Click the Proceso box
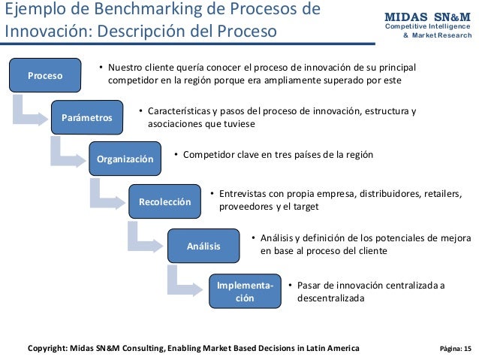pyautogui.click(x=45, y=75)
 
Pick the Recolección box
pyautogui.click(x=164, y=201)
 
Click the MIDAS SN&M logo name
pyautogui.click(x=427, y=17)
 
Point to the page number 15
pyautogui.click(x=468, y=349)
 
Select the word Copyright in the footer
pyautogui.click(x=50, y=348)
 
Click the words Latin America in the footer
pyautogui.click(x=327, y=348)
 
